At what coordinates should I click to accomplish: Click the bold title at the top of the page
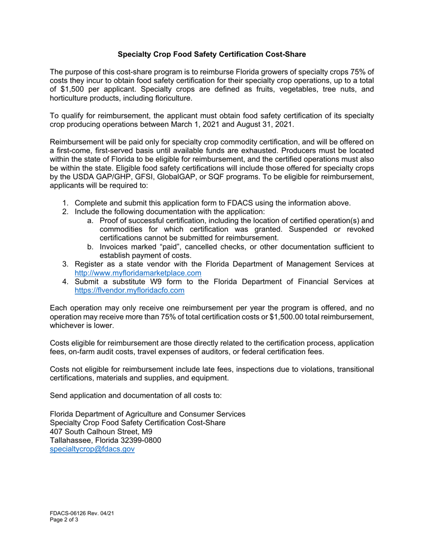click(212, 54)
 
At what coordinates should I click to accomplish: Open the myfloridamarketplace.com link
click(137, 273)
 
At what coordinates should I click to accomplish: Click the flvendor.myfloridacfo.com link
click(129, 290)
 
